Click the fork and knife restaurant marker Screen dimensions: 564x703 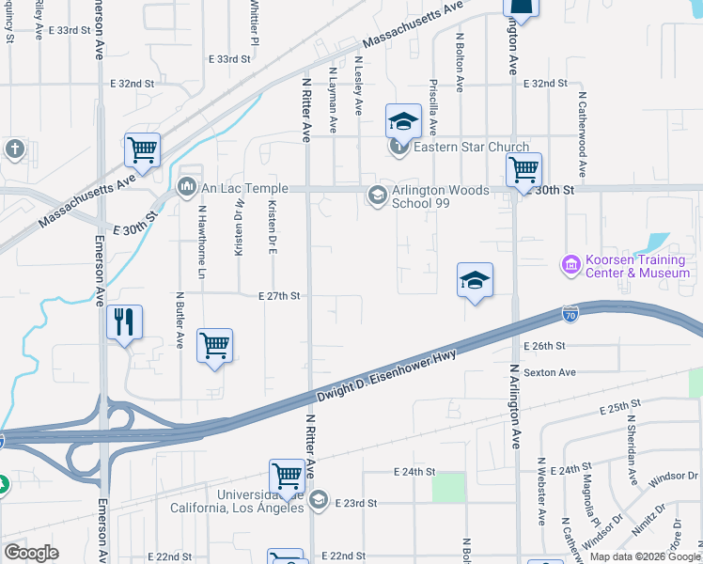point(124,321)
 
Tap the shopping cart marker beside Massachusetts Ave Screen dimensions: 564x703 point(142,148)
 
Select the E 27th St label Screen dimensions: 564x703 point(279,295)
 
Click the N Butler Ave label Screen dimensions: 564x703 point(180,320)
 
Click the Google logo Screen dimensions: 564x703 point(32,553)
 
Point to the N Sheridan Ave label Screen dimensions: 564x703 point(633,446)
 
